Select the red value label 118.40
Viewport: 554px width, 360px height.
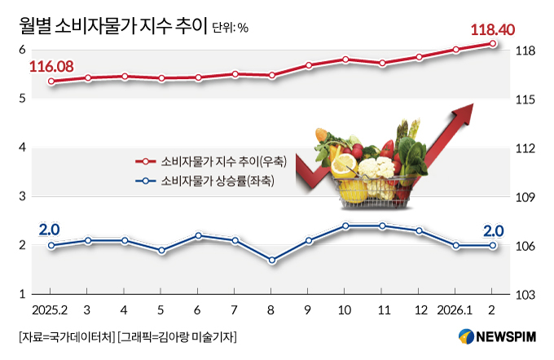[x=492, y=29]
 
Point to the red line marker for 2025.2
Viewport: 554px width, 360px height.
[x=51, y=81]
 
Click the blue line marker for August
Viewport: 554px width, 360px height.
[x=272, y=261]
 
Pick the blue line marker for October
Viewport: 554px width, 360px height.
[x=345, y=226]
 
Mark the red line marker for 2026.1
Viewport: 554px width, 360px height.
[x=456, y=50]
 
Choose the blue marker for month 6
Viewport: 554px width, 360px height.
[x=198, y=235]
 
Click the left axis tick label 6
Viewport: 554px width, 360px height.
[x=23, y=50]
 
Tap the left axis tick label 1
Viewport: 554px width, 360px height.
[x=23, y=294]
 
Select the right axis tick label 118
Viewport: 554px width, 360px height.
[x=524, y=50]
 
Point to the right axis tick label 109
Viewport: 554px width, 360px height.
[x=524, y=197]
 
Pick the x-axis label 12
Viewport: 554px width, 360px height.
[x=420, y=310]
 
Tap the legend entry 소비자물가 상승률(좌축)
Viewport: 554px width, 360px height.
[x=214, y=181]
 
